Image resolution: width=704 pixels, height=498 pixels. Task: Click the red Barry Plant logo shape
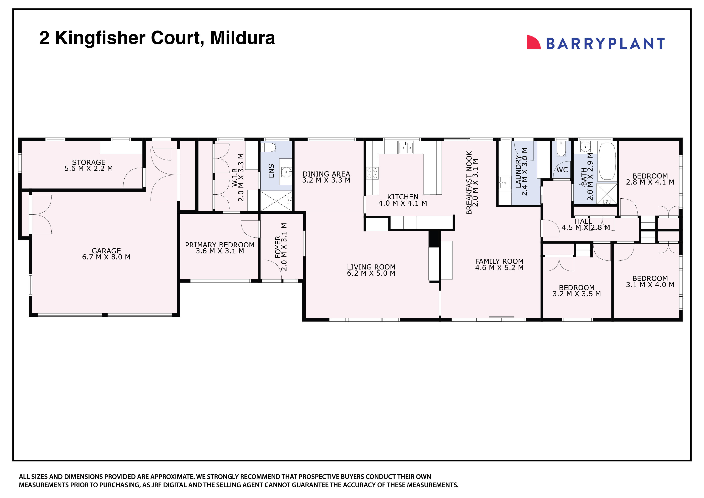click(x=533, y=43)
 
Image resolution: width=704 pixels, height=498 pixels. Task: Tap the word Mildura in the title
click(x=242, y=38)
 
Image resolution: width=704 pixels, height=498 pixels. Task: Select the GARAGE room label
click(x=106, y=251)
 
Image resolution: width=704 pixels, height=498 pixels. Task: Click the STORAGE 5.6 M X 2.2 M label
click(x=89, y=165)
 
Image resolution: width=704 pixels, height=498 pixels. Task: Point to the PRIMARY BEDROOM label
click(x=220, y=245)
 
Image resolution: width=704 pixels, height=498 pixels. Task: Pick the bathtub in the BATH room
click(x=607, y=161)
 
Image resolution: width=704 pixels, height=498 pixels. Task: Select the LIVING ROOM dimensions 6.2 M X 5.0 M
click(x=371, y=273)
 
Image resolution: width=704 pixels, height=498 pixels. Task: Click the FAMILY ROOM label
click(x=499, y=261)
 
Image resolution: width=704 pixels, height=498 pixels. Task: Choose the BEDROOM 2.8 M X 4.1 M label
click(x=650, y=179)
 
